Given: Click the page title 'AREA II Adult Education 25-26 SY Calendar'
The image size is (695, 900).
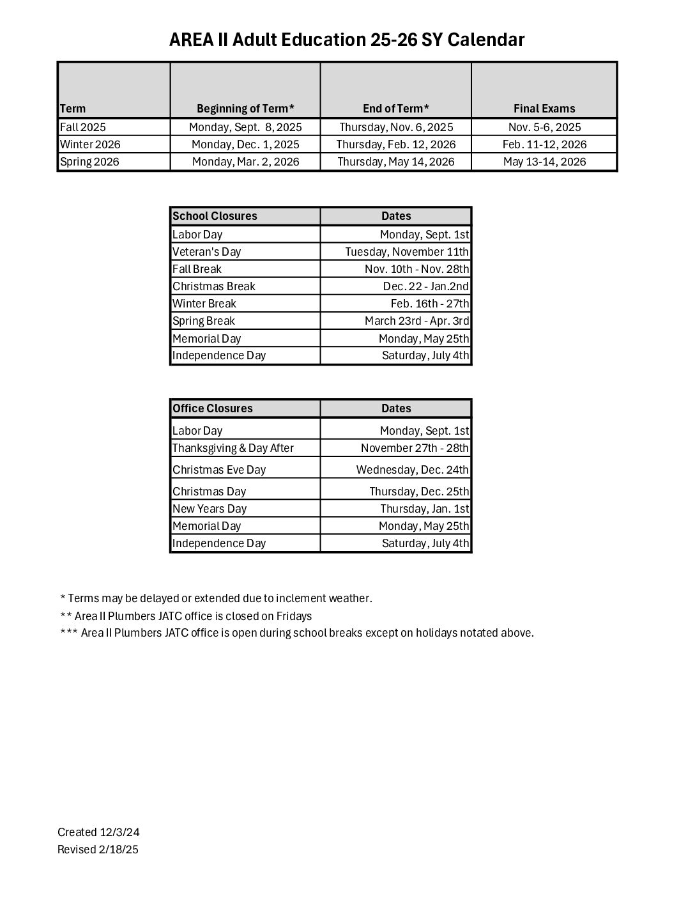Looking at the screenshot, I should [x=347, y=40].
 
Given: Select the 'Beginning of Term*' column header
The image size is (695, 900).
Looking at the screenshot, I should [x=245, y=109].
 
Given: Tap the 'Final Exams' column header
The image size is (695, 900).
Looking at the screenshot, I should [x=544, y=109].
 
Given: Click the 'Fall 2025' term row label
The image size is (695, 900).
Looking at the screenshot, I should [x=83, y=127].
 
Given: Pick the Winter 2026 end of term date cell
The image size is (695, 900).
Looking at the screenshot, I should [x=396, y=144].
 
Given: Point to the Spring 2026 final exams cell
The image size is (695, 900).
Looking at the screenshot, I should [x=544, y=162].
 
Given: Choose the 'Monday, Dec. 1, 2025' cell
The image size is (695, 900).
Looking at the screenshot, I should [x=245, y=144].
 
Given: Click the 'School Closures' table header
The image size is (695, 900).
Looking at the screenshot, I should [x=215, y=216].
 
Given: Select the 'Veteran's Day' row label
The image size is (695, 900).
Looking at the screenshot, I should [x=207, y=252].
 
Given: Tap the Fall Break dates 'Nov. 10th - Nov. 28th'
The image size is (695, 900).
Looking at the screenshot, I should [x=416, y=269].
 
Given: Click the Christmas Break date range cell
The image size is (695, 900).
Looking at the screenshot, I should [x=425, y=286].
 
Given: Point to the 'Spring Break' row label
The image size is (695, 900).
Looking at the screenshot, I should [x=204, y=321].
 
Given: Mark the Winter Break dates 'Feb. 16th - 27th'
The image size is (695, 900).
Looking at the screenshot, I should [x=429, y=304].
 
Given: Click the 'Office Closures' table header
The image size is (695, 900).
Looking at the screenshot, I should [x=213, y=408].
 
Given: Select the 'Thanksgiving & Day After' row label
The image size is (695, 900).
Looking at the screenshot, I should [x=233, y=448].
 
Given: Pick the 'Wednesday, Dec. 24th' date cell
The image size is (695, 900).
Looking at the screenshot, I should [x=412, y=470].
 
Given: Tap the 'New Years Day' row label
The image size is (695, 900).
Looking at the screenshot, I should [x=210, y=509].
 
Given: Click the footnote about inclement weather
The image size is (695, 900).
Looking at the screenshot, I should [x=216, y=598].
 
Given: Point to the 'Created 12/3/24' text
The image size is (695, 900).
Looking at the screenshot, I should [x=98, y=832].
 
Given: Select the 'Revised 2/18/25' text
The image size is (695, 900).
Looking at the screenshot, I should [x=98, y=850].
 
